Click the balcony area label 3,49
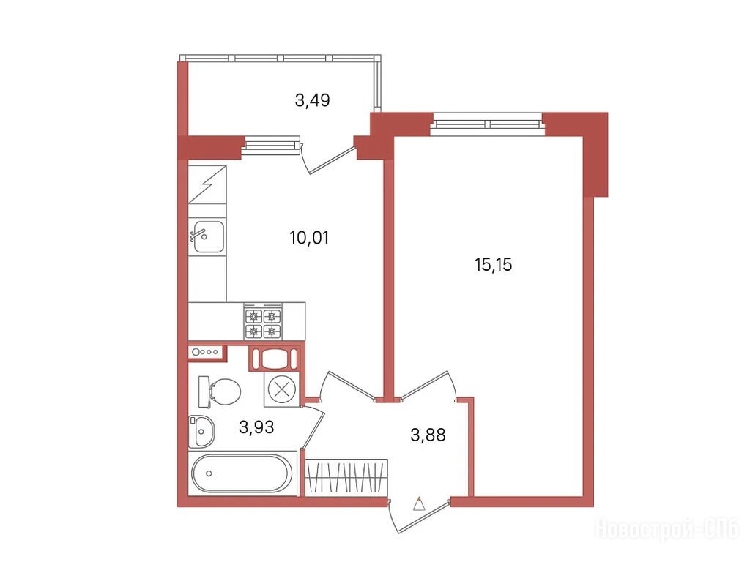[312, 100]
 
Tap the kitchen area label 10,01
[310, 238]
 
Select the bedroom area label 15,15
[493, 264]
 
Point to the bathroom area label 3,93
[256, 427]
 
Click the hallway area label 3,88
[428, 435]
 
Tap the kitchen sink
[207, 236]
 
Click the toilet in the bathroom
[220, 392]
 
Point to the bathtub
[241, 473]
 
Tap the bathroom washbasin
[201, 431]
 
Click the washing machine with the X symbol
[282, 389]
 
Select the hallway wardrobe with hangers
[346, 477]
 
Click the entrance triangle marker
[419, 505]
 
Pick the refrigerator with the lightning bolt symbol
[207, 184]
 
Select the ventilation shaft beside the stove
[275, 358]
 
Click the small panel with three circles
[207, 352]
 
